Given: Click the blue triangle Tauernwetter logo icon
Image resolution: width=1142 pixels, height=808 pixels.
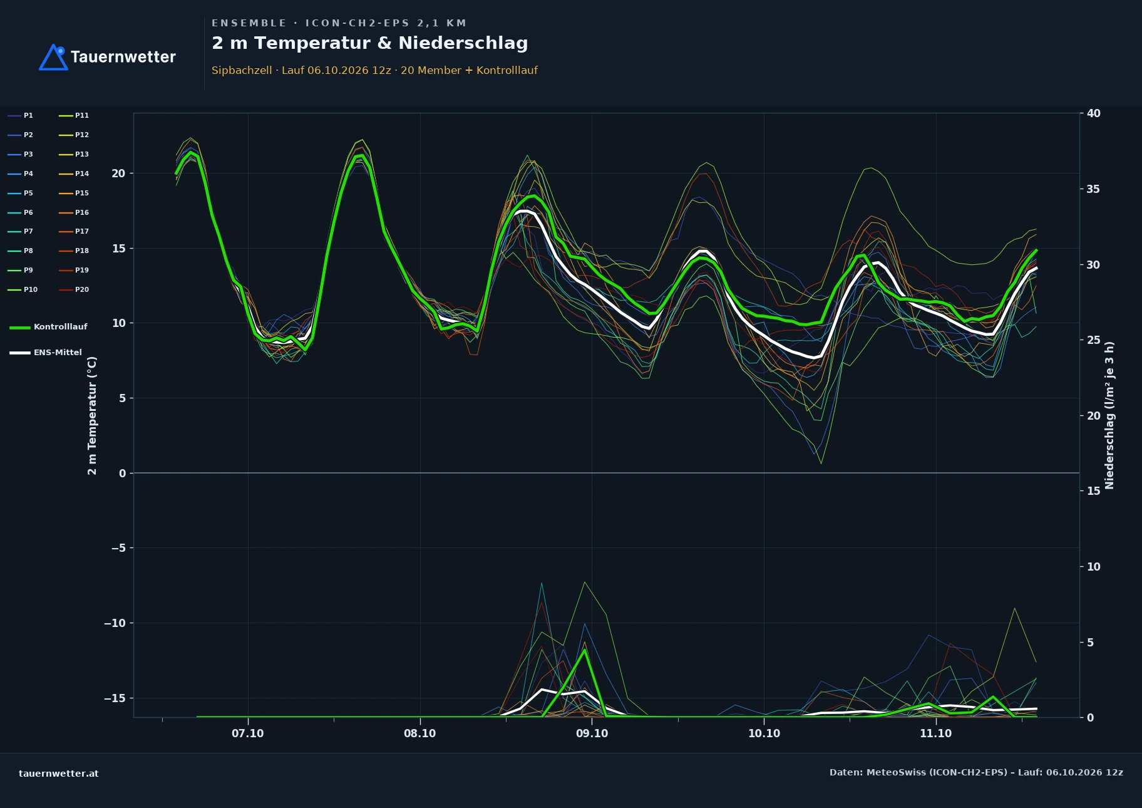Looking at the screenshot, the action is pos(54,58).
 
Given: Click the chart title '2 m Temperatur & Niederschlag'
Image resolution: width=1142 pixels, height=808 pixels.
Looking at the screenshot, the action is pos(369,43).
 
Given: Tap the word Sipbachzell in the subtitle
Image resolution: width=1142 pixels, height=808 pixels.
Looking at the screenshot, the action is pos(242,70).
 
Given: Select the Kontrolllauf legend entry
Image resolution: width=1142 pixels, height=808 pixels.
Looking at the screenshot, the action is pos(48,327).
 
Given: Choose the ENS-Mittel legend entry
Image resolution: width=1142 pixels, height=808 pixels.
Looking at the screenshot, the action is pos(46,353).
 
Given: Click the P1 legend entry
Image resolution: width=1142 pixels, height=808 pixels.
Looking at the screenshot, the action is pos(21,116).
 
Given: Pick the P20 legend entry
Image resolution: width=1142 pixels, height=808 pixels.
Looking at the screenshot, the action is pos(74,290).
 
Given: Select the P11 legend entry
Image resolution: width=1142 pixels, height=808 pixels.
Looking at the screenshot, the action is pos(74,116).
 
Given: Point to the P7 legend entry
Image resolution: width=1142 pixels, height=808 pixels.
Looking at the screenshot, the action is pos(21,232).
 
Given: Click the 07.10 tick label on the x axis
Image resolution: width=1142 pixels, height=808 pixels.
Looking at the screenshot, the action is pos(248,733).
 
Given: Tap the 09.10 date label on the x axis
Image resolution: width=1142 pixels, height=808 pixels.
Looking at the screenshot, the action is pos(592,733).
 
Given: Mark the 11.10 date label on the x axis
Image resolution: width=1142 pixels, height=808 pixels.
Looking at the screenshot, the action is pos(935,733).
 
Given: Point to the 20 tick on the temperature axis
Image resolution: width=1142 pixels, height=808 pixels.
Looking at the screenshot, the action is pos(118,174).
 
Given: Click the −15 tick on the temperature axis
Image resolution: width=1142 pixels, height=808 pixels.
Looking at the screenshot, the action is pos(115,698).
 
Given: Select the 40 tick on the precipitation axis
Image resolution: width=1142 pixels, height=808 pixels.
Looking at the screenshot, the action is pos(1094,113).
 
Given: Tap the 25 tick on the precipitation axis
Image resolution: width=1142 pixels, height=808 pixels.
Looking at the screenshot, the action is pos(1094,340).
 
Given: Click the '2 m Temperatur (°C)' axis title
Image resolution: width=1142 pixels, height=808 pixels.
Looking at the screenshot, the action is pos(92,415).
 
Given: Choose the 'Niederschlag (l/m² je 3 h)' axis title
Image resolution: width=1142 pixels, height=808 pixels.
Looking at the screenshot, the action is pos(1109,415).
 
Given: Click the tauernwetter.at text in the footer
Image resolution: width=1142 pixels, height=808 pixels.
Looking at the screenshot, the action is pos(59,774).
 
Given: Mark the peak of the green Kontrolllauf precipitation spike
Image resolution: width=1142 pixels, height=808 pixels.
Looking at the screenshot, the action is pos(585,650).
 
